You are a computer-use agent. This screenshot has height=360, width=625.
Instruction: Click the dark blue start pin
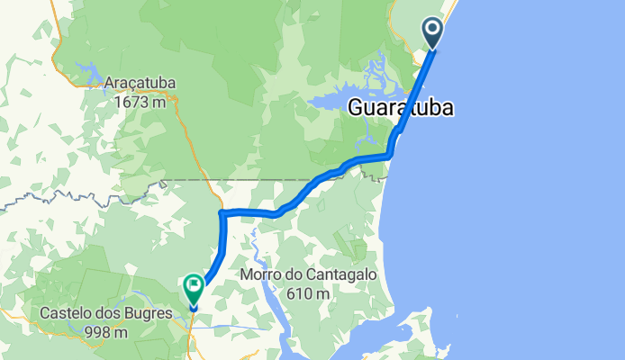[x=433, y=35]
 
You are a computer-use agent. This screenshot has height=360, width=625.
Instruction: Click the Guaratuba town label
[x=400, y=108]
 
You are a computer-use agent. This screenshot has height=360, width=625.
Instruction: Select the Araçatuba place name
[x=140, y=84]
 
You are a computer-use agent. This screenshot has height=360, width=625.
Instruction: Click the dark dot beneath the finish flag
[x=194, y=309]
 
